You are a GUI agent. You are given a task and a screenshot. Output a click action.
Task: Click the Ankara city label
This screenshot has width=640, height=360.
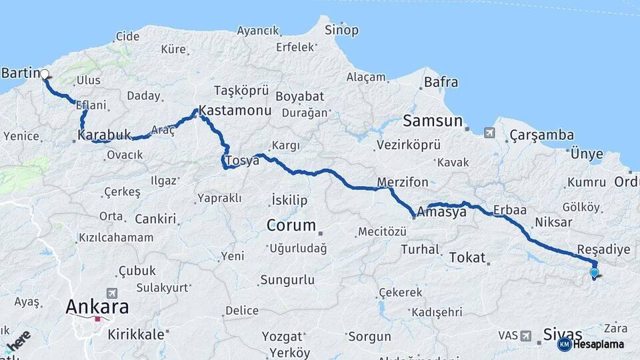[97, 307]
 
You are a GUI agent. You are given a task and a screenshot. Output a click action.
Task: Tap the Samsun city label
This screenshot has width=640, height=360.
[432, 121]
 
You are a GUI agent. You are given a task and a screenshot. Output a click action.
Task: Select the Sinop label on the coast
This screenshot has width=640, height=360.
[341, 30]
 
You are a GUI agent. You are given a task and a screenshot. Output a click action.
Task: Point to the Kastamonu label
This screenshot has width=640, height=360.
[235, 110]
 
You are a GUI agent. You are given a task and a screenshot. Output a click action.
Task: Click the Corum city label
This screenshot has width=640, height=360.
[291, 225]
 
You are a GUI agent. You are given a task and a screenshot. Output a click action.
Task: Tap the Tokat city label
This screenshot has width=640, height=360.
[467, 257]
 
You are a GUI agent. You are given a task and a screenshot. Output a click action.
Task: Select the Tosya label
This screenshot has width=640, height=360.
[242, 161]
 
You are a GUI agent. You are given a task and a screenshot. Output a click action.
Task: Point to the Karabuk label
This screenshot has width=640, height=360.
[105, 135]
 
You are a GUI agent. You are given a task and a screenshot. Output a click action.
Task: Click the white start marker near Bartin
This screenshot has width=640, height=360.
[45, 75]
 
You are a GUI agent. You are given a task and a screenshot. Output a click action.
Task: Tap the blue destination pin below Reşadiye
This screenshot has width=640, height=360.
[594, 272]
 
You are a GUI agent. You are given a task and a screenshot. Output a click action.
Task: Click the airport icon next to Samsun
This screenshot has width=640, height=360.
[490, 132]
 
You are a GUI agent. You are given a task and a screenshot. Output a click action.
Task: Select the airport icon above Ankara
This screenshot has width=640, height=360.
[111, 293]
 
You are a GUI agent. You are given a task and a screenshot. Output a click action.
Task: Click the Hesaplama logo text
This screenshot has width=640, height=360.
[599, 345]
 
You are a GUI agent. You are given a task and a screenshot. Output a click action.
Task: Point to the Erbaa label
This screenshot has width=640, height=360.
[510, 210]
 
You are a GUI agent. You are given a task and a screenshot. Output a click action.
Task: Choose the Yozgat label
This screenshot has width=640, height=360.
[283, 336]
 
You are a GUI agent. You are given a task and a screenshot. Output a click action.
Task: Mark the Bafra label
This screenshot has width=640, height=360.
[441, 83]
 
